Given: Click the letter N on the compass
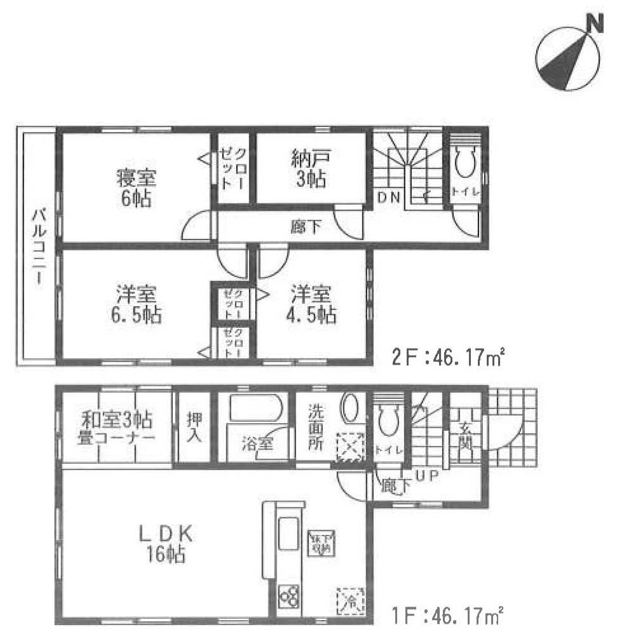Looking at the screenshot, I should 594,24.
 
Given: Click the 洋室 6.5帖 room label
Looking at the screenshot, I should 137,304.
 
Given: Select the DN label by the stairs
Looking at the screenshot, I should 389,197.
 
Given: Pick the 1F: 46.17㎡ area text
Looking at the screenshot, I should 447,615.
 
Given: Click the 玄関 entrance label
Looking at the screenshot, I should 466,435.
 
